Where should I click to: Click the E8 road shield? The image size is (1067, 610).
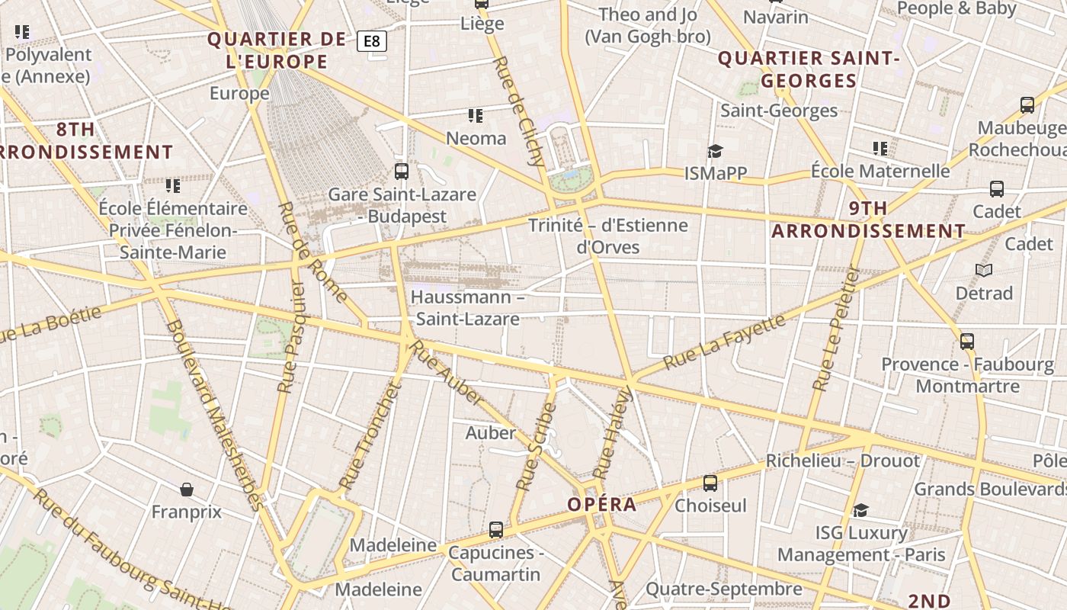[x=372, y=40]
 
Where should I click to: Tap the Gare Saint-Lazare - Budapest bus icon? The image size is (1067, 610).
[x=402, y=172]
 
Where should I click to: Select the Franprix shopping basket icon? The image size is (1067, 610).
[x=187, y=489]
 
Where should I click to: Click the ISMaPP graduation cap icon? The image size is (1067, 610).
[x=715, y=151]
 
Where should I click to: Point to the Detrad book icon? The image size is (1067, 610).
[x=984, y=270]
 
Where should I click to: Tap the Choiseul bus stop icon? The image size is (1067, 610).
[x=710, y=483]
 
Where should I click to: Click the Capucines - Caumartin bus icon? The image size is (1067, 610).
[x=496, y=529]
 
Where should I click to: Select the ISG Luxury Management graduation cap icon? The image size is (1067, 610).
[x=861, y=510]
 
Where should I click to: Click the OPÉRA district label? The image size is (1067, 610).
[x=602, y=505]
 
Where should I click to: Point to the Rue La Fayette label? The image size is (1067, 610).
[x=724, y=342]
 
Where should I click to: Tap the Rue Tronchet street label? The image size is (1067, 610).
[x=370, y=436]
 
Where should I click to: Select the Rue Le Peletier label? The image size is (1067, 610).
[x=835, y=329]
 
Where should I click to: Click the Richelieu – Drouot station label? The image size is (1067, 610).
[x=843, y=461]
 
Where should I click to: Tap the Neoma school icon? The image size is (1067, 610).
[x=476, y=116]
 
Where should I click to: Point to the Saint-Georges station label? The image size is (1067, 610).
[x=779, y=111]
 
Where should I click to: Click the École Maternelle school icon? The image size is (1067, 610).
[x=880, y=149]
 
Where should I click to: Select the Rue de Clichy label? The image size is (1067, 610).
[x=520, y=111]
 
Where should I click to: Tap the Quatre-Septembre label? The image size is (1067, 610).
[x=724, y=589]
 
